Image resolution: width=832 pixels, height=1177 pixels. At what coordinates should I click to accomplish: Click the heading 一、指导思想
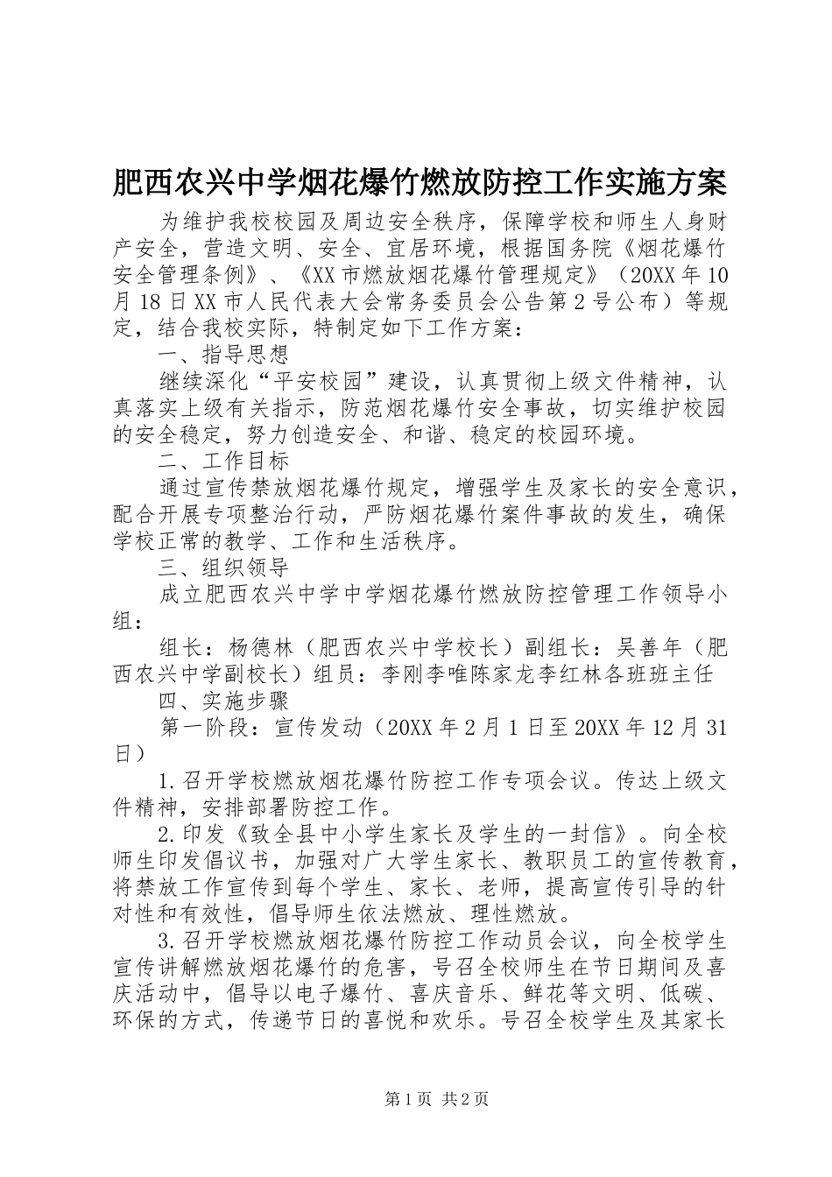pyautogui.click(x=223, y=355)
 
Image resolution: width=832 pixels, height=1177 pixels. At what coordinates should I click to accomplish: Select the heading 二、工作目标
pyautogui.click(x=223, y=461)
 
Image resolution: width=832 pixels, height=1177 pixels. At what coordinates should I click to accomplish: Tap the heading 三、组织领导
pyautogui.click(x=223, y=567)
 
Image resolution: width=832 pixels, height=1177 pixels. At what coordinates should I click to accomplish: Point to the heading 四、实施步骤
pyautogui.click(x=223, y=701)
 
